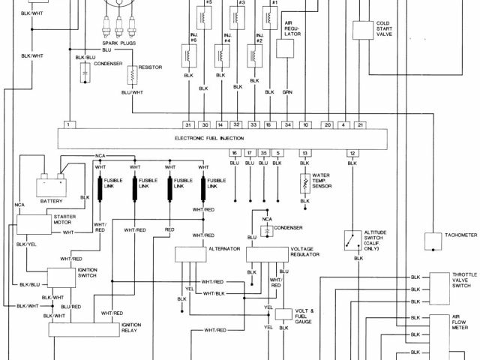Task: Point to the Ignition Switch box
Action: (61, 276)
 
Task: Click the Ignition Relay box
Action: (79, 329)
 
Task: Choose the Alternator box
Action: (190, 253)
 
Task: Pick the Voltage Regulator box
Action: (267, 253)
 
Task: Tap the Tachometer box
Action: (435, 241)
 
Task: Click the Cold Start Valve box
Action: (364, 31)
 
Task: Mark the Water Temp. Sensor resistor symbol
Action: (305, 182)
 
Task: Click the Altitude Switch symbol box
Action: (350, 240)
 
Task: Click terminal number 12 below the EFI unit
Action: (351, 153)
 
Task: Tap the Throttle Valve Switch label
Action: (463, 280)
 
